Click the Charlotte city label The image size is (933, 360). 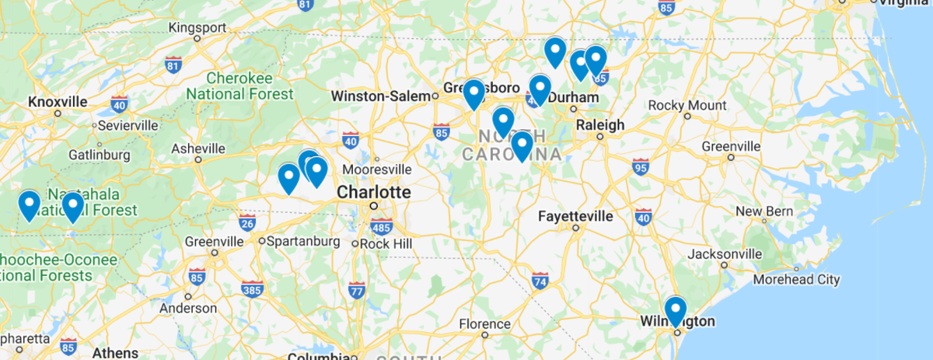(x=373, y=191)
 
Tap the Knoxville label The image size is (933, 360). (x=57, y=102)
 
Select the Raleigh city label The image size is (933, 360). (x=599, y=124)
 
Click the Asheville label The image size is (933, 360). (x=199, y=148)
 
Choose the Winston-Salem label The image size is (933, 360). (x=379, y=96)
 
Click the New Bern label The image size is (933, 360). (x=764, y=211)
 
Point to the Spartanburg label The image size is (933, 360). (x=302, y=241)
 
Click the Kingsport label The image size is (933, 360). (x=197, y=28)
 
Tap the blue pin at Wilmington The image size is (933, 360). (x=676, y=311)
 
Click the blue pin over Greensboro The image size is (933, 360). (x=473, y=94)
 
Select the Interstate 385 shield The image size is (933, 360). (x=252, y=289)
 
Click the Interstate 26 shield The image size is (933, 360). (x=248, y=222)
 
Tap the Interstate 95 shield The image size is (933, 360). (x=641, y=166)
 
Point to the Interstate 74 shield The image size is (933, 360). (x=540, y=280)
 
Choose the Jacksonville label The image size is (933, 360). (x=724, y=253)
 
